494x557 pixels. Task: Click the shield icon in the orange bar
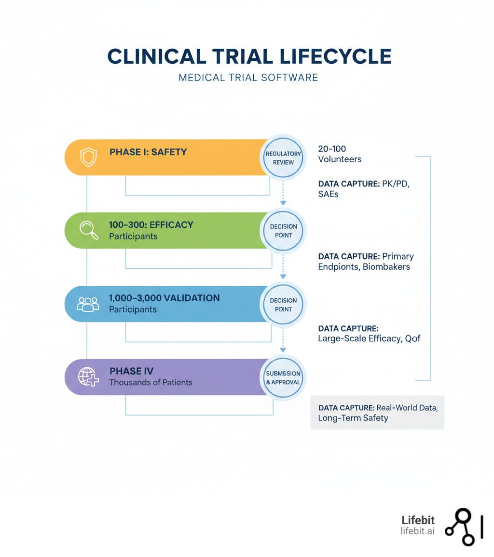pos(88,157)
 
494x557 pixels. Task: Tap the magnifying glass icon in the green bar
pos(89,230)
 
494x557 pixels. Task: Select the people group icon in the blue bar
pos(88,304)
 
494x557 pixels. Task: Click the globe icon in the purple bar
pos(89,376)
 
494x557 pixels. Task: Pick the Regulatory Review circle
pos(283,157)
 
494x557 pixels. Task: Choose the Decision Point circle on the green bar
pos(283,231)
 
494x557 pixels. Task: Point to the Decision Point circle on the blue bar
pos(283,304)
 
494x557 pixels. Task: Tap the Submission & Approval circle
pos(283,377)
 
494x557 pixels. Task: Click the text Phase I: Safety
pos(148,152)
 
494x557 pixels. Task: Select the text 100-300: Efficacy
pos(151,224)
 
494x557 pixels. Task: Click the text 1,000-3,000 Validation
pos(164,298)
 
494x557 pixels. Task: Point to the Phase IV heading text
pos(131,371)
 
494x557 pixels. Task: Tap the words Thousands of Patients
pos(151,382)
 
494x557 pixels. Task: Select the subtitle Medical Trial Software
pos(248,77)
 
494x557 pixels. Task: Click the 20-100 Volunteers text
pos(339,154)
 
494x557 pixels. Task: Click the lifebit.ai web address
pos(417,531)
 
